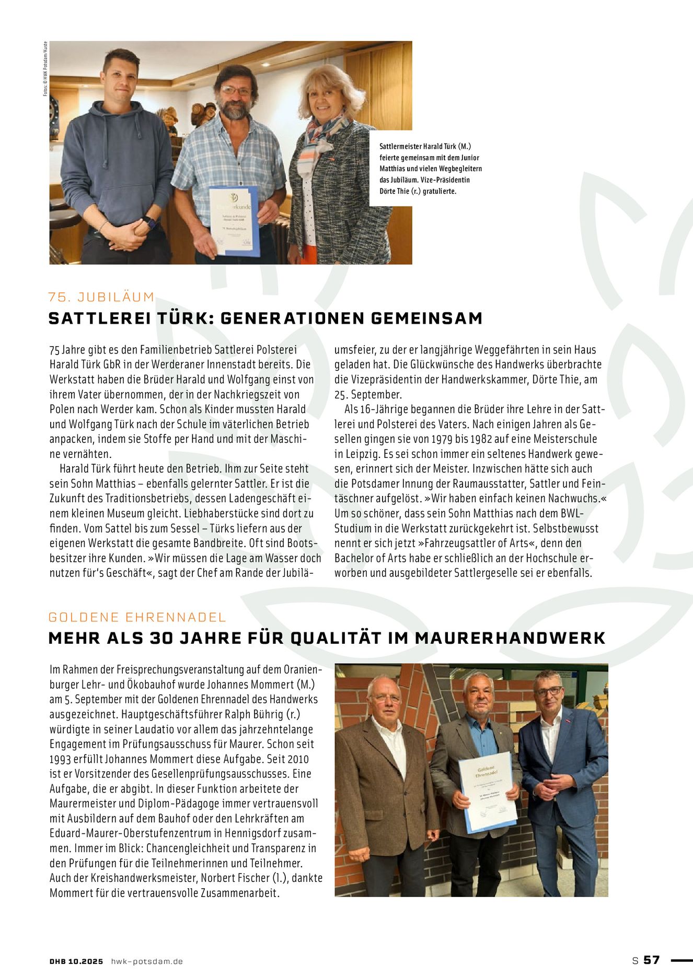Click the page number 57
click(651, 960)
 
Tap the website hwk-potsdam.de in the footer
click(147, 961)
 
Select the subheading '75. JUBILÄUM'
click(101, 297)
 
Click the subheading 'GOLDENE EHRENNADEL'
click(137, 617)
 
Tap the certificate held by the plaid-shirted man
click(234, 221)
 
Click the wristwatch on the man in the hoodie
click(151, 223)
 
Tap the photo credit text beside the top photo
click(45, 68)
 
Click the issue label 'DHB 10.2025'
click(76, 961)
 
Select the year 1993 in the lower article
click(63, 759)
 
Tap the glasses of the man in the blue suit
click(548, 691)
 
